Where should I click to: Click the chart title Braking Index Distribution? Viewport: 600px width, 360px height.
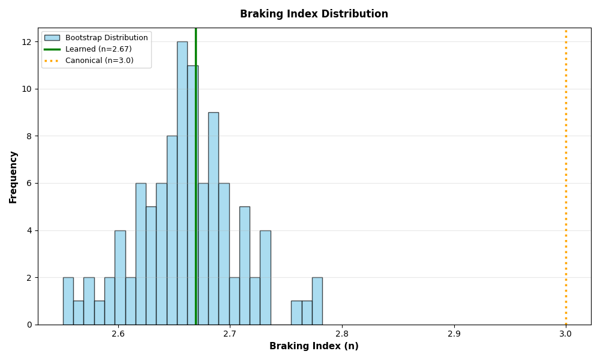[314, 14]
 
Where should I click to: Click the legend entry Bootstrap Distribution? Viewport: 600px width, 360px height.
[106, 38]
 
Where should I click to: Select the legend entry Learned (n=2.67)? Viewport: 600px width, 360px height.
[98, 49]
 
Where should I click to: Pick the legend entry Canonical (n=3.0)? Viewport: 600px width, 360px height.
[99, 61]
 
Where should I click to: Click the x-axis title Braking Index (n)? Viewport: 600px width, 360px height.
[314, 346]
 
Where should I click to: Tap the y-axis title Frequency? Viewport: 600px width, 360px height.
[13, 176]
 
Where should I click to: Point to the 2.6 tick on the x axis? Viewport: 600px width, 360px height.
[118, 334]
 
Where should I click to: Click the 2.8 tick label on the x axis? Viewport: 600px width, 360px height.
[342, 334]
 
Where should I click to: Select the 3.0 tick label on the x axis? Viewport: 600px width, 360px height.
[566, 334]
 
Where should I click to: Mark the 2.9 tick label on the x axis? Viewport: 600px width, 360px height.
[454, 334]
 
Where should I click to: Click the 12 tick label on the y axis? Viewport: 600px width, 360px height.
[27, 42]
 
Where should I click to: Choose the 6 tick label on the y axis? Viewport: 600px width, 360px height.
[29, 183]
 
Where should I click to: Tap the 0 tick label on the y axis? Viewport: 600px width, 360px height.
[29, 325]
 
